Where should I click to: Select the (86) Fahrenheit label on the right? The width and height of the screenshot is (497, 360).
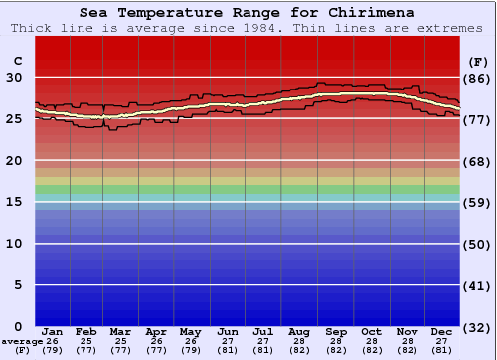(x=477, y=78)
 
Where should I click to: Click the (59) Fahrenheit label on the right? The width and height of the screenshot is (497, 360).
(x=477, y=202)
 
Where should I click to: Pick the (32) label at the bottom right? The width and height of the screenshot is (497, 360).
(x=477, y=327)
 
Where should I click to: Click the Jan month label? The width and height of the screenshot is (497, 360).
(x=53, y=331)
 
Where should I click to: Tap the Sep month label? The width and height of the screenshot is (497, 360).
(x=336, y=331)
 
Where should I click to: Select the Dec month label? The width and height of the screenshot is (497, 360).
(x=442, y=331)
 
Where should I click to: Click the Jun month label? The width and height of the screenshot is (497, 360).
(x=229, y=331)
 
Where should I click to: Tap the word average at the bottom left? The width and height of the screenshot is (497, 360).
(x=22, y=341)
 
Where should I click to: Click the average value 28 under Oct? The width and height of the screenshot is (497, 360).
(x=371, y=341)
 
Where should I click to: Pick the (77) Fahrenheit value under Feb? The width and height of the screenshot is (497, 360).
(x=87, y=350)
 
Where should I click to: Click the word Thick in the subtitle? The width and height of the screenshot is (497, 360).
(x=32, y=28)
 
